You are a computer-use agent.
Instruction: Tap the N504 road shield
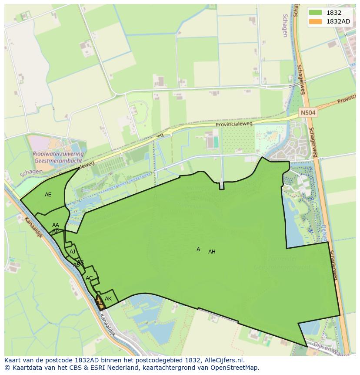308,113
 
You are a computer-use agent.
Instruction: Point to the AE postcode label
48,195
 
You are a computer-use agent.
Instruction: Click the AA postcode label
56,225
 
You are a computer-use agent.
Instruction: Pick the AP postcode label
56,232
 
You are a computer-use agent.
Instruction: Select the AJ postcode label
73,252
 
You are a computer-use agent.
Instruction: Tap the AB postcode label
77,265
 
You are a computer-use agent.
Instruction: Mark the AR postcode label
80,262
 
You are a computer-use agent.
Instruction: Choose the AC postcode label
89,278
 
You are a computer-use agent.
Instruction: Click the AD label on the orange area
100,303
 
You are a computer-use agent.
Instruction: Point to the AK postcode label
108,299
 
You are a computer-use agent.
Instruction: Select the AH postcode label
212,252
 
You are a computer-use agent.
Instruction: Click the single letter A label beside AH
198,250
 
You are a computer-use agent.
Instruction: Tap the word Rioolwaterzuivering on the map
58,154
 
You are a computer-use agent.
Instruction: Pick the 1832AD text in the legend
339,22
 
